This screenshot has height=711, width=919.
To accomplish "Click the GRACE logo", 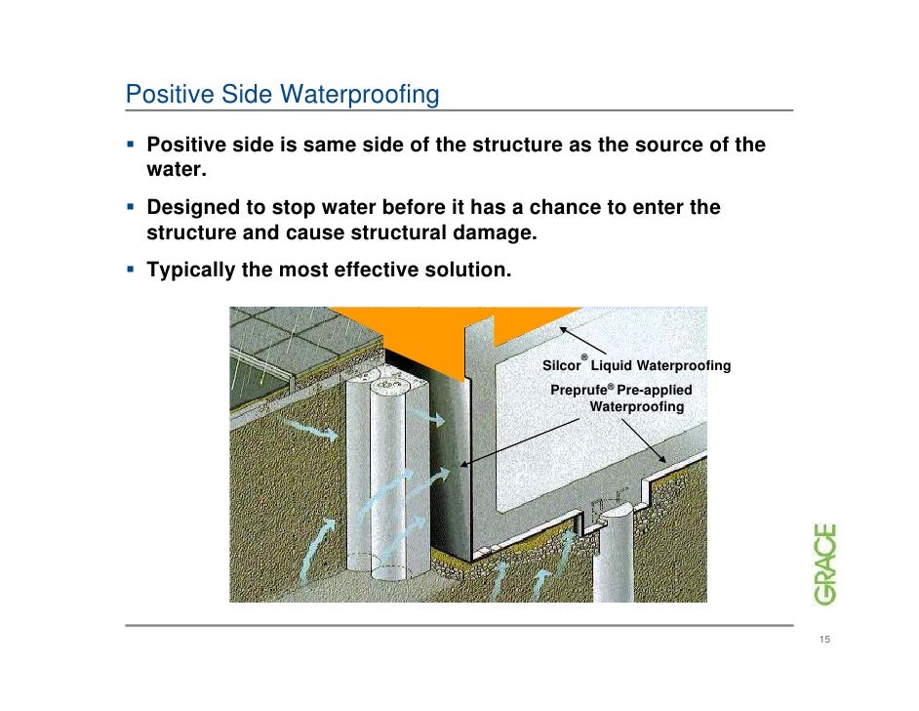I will point(825,565).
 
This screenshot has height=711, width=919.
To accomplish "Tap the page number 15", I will point(824,640).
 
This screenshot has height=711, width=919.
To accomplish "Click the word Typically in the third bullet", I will point(191,270).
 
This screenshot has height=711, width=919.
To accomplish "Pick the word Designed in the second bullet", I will point(189,208).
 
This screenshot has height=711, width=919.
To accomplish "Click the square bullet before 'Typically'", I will point(132,268).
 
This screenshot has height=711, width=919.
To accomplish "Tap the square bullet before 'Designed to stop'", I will point(132,206).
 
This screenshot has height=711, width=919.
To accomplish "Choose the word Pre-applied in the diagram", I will point(655,390).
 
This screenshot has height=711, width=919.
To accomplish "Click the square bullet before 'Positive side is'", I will point(132,145).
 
